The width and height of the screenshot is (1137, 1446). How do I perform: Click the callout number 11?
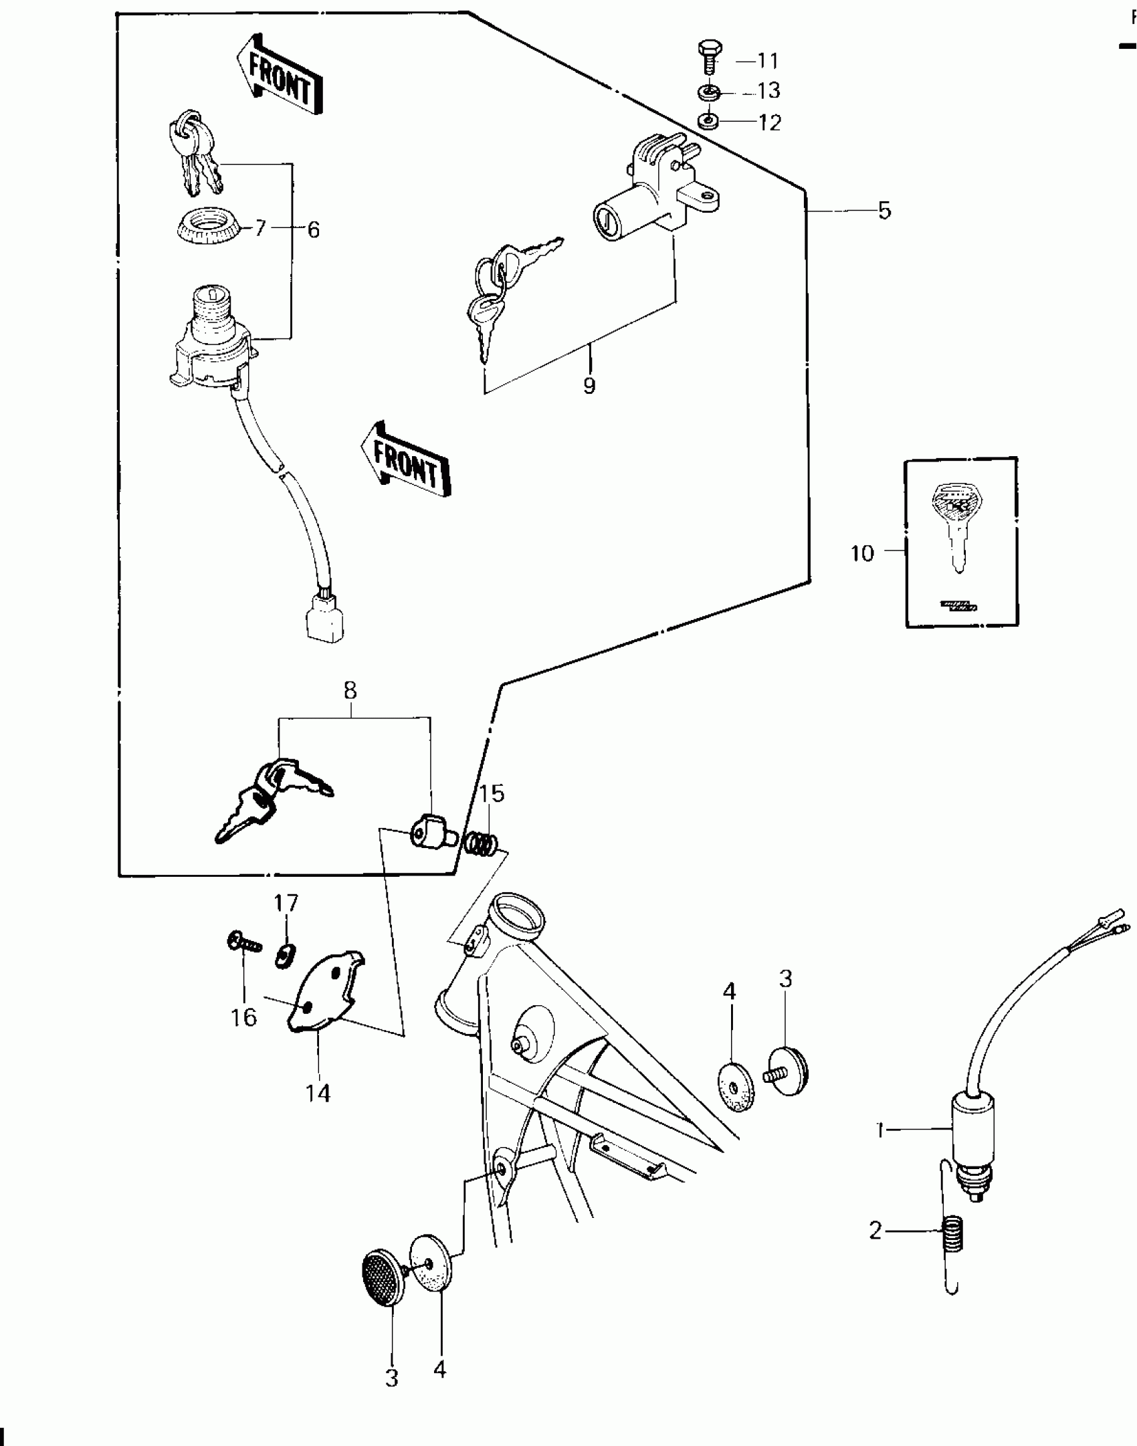[768, 61]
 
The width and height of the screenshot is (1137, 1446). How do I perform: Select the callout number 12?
[769, 123]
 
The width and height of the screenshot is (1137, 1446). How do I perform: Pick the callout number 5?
[884, 211]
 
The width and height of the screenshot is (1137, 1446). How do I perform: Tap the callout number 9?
[589, 386]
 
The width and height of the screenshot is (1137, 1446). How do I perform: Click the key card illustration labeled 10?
[961, 542]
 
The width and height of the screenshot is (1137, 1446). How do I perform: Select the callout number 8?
[350, 690]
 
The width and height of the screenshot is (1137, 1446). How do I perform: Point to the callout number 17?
[286, 902]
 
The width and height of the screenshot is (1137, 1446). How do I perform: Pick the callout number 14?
[318, 1094]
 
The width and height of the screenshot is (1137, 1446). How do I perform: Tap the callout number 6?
[313, 230]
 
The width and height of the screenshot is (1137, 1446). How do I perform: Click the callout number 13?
[769, 91]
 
